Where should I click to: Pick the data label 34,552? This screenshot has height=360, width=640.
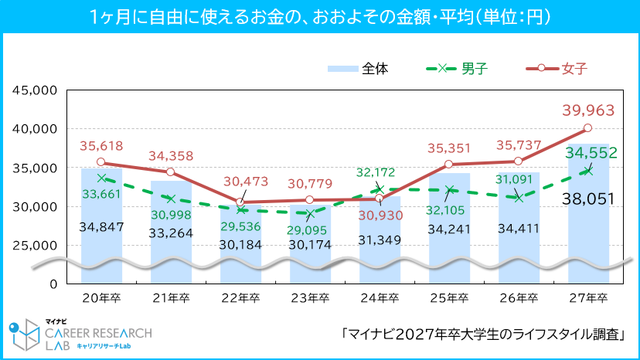[x=591, y=154]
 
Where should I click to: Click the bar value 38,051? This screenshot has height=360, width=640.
[x=588, y=199]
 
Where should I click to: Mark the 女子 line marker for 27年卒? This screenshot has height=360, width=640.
[x=587, y=128]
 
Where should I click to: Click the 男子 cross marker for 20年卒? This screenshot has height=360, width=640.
[x=101, y=178]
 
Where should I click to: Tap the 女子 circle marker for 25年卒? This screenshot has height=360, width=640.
[x=448, y=164]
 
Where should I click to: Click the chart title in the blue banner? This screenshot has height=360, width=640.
[x=320, y=15]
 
